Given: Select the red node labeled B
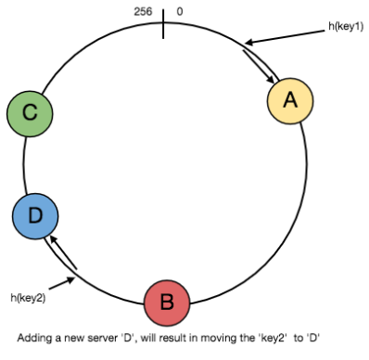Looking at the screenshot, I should pos(167,302).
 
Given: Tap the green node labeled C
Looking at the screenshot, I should pos(30,114).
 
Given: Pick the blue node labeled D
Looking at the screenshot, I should pos(35,217).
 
